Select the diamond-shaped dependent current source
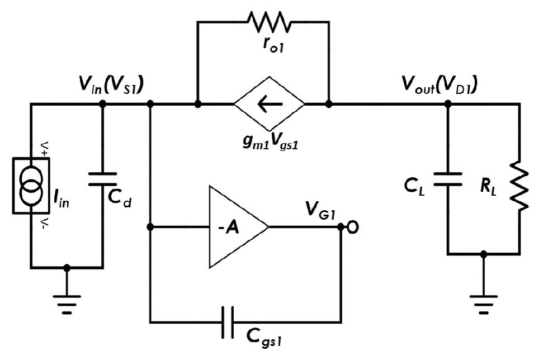(x=269, y=104)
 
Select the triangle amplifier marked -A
(x=235, y=227)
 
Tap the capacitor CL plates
(x=447, y=178)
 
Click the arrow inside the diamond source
(x=269, y=104)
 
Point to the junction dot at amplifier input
(x=150, y=227)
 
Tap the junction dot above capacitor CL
(x=447, y=104)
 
